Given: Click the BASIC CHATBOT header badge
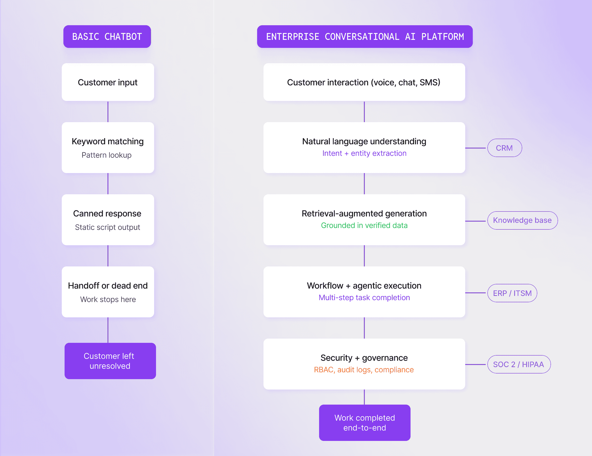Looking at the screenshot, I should (x=107, y=37).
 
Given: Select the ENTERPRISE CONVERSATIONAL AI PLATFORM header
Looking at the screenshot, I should (x=365, y=37).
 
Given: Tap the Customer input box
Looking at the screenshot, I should (x=108, y=82).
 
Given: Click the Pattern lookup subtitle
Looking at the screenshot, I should (x=107, y=155).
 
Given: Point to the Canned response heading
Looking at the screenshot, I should (x=107, y=213).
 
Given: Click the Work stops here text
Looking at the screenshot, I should (x=108, y=299).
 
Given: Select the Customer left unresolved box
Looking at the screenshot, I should (x=110, y=361).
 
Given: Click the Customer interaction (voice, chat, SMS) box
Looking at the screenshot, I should (x=364, y=82).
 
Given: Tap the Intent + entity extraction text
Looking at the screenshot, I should (x=364, y=153).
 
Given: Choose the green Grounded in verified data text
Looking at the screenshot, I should (x=364, y=225).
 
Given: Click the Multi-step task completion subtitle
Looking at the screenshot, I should (x=364, y=298).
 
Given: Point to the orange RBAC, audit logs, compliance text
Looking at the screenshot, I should (x=364, y=370).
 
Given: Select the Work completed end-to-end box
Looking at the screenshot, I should (x=365, y=423).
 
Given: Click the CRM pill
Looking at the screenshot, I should (x=504, y=148).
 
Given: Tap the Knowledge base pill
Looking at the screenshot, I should (x=522, y=220).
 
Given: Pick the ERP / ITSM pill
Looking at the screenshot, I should (x=512, y=293).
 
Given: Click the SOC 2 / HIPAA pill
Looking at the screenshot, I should (x=518, y=364).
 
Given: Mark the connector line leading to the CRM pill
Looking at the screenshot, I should (x=476, y=148).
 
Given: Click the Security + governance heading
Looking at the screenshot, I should (x=364, y=358).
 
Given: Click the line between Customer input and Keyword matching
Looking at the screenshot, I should (x=108, y=112).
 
